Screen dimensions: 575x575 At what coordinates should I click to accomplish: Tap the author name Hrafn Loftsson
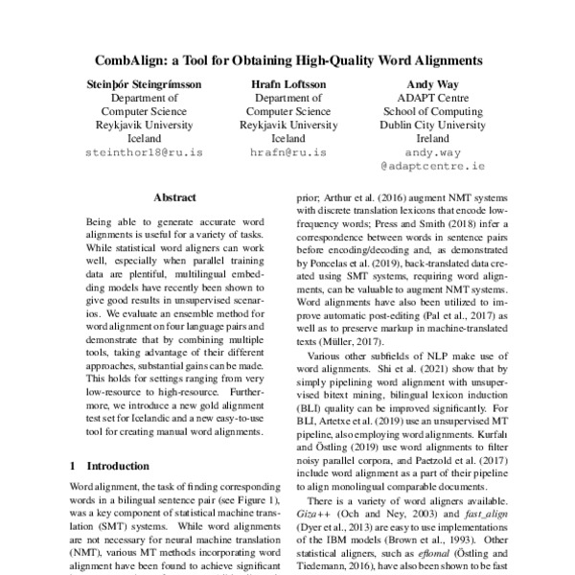287,83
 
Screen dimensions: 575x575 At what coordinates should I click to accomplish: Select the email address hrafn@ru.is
287,152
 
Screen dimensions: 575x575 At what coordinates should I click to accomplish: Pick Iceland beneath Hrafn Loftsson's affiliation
287,138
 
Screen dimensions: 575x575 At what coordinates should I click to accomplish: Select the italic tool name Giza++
309,516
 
